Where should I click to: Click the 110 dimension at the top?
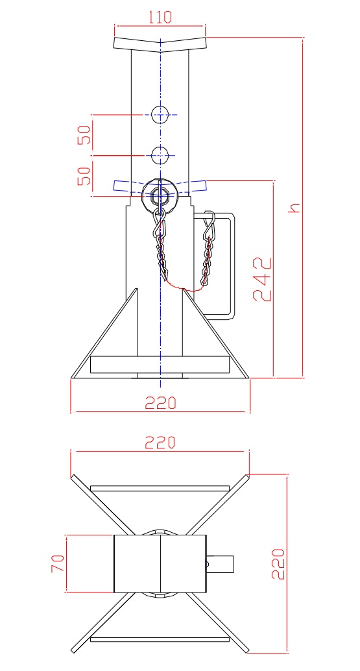tap(160, 17)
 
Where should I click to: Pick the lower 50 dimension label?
tap(84, 175)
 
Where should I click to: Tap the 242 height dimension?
tap(261, 279)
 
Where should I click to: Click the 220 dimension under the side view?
tap(160, 403)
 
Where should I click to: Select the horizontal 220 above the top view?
tap(160, 443)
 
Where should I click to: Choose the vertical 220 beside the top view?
tap(277, 563)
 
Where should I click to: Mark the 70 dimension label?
tap(57, 563)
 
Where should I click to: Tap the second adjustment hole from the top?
tap(160, 155)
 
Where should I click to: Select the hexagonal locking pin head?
tap(160, 195)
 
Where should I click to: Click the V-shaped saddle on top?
tap(160, 44)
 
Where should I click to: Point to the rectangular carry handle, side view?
tap(227, 266)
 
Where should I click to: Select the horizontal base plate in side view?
tap(160, 365)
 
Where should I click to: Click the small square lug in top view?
tap(222, 563)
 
